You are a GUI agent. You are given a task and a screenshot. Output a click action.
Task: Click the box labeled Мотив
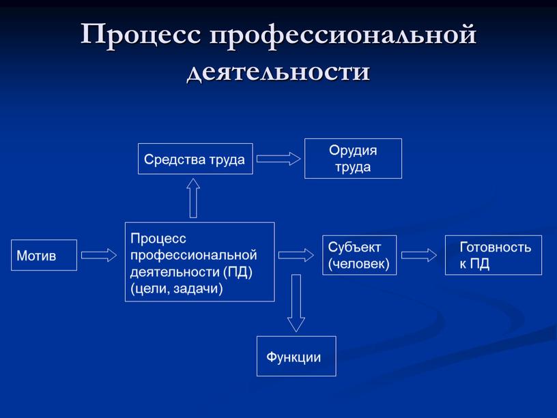44,255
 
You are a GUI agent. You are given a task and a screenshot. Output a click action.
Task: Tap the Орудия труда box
353,158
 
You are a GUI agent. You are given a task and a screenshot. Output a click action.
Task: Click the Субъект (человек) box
359,255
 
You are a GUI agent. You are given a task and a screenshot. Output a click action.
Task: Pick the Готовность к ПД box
494,256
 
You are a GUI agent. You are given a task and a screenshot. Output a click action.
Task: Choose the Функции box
296,356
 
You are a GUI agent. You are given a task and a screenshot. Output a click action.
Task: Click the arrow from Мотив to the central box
99,255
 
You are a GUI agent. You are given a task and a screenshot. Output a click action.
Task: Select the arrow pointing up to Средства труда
193,198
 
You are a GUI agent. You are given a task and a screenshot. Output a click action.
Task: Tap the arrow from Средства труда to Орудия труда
278,159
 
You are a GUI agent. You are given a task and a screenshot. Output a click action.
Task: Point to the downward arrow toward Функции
296,303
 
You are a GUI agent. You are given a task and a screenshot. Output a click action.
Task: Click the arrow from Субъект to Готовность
419,255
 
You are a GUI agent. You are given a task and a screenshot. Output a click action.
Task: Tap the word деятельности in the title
278,70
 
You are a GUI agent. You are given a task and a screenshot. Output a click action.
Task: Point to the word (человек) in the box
359,263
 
